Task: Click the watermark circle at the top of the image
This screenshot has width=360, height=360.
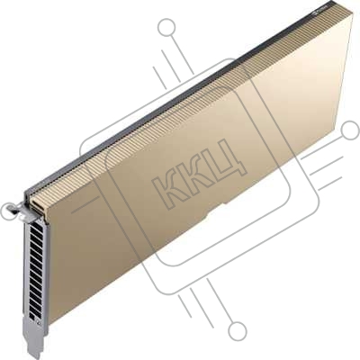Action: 166,27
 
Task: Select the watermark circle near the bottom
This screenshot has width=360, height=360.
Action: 238,330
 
